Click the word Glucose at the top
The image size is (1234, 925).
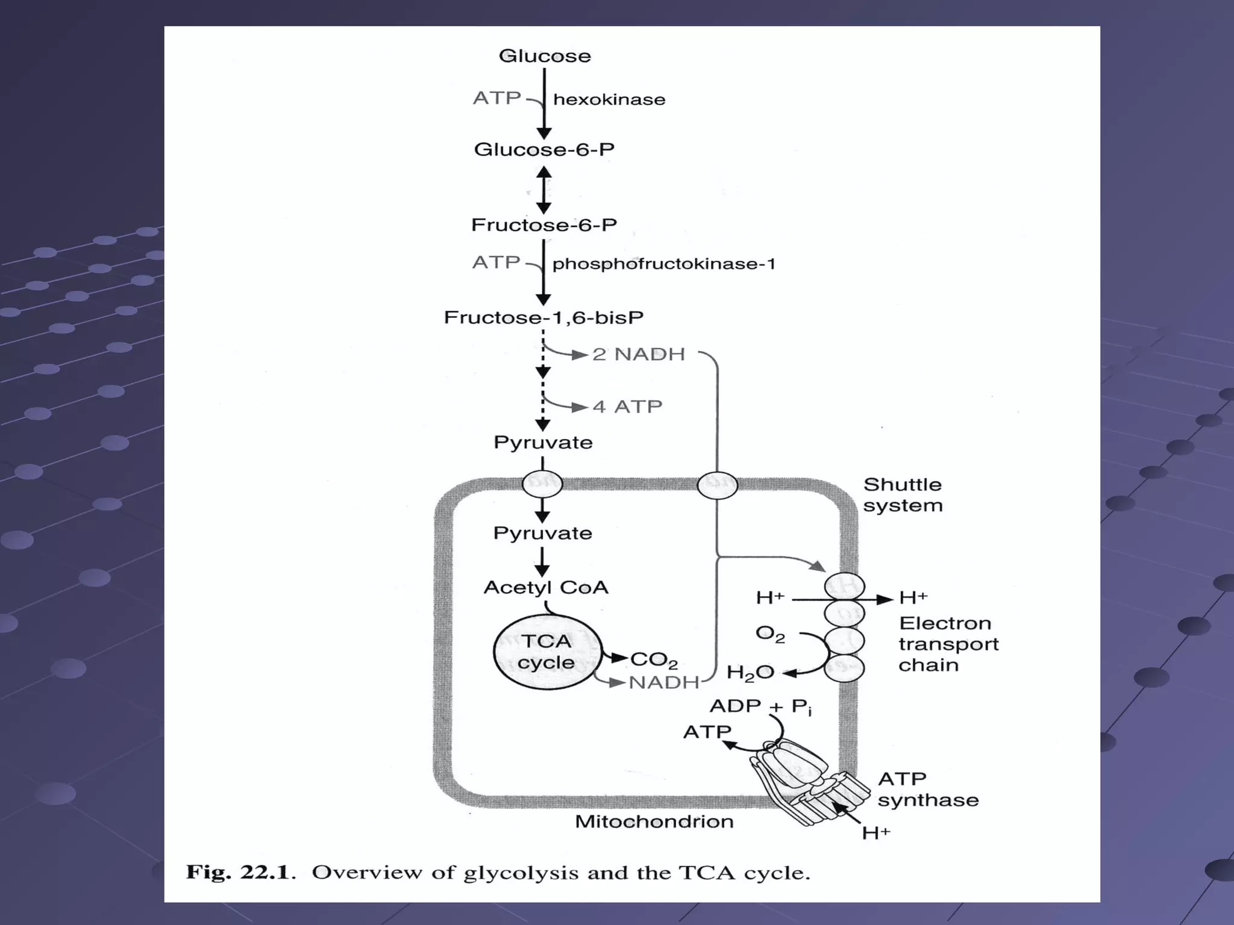(545, 56)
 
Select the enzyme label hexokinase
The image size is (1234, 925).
(609, 99)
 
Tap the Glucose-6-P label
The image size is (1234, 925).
(544, 149)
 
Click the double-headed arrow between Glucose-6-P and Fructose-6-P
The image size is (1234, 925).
(543, 190)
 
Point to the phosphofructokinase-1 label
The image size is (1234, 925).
(663, 264)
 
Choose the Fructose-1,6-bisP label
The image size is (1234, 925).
(543, 317)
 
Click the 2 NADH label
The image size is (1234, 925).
(639, 354)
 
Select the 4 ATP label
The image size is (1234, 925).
(627, 406)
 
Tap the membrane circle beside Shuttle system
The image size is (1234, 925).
(717, 485)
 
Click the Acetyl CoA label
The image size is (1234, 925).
(546, 587)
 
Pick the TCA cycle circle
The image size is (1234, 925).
(547, 652)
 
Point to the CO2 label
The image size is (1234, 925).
(654, 661)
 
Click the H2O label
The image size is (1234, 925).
(750, 673)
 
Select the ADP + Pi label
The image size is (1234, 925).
(760, 706)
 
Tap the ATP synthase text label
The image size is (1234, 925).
(927, 790)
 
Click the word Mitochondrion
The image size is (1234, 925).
(654, 821)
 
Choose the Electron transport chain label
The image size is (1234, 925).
(948, 644)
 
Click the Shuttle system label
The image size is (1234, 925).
(902, 495)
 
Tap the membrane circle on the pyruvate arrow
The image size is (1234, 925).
(542, 484)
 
